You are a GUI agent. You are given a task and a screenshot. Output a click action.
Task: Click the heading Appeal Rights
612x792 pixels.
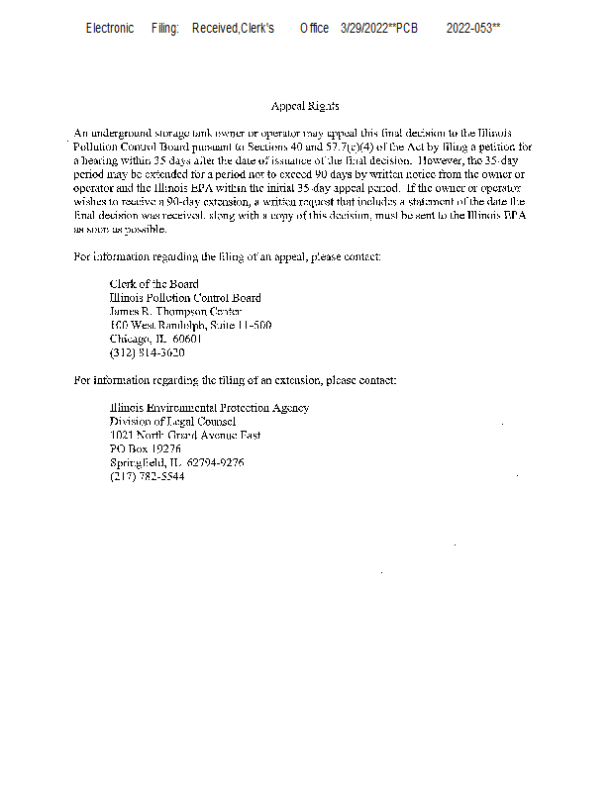(305, 106)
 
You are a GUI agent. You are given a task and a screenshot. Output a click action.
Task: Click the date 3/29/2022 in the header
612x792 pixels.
(365, 29)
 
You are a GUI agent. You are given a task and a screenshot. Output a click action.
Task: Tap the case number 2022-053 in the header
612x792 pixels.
(469, 29)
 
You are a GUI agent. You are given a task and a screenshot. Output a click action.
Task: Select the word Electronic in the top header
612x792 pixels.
(110, 29)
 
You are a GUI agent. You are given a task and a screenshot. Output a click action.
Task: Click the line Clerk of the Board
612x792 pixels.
(153, 284)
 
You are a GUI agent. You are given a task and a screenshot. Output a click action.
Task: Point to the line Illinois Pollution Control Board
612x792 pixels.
(185, 298)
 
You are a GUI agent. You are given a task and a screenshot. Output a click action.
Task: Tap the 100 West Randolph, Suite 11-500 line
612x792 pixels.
(190, 326)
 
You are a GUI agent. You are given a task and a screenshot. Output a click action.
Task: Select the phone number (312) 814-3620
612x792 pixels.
(147, 353)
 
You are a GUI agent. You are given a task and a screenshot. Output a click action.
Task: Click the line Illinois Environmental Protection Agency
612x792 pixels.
(209, 408)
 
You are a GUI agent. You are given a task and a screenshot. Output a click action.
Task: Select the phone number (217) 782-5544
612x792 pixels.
(147, 477)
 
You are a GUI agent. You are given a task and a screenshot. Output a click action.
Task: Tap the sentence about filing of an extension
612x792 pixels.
(236, 380)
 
